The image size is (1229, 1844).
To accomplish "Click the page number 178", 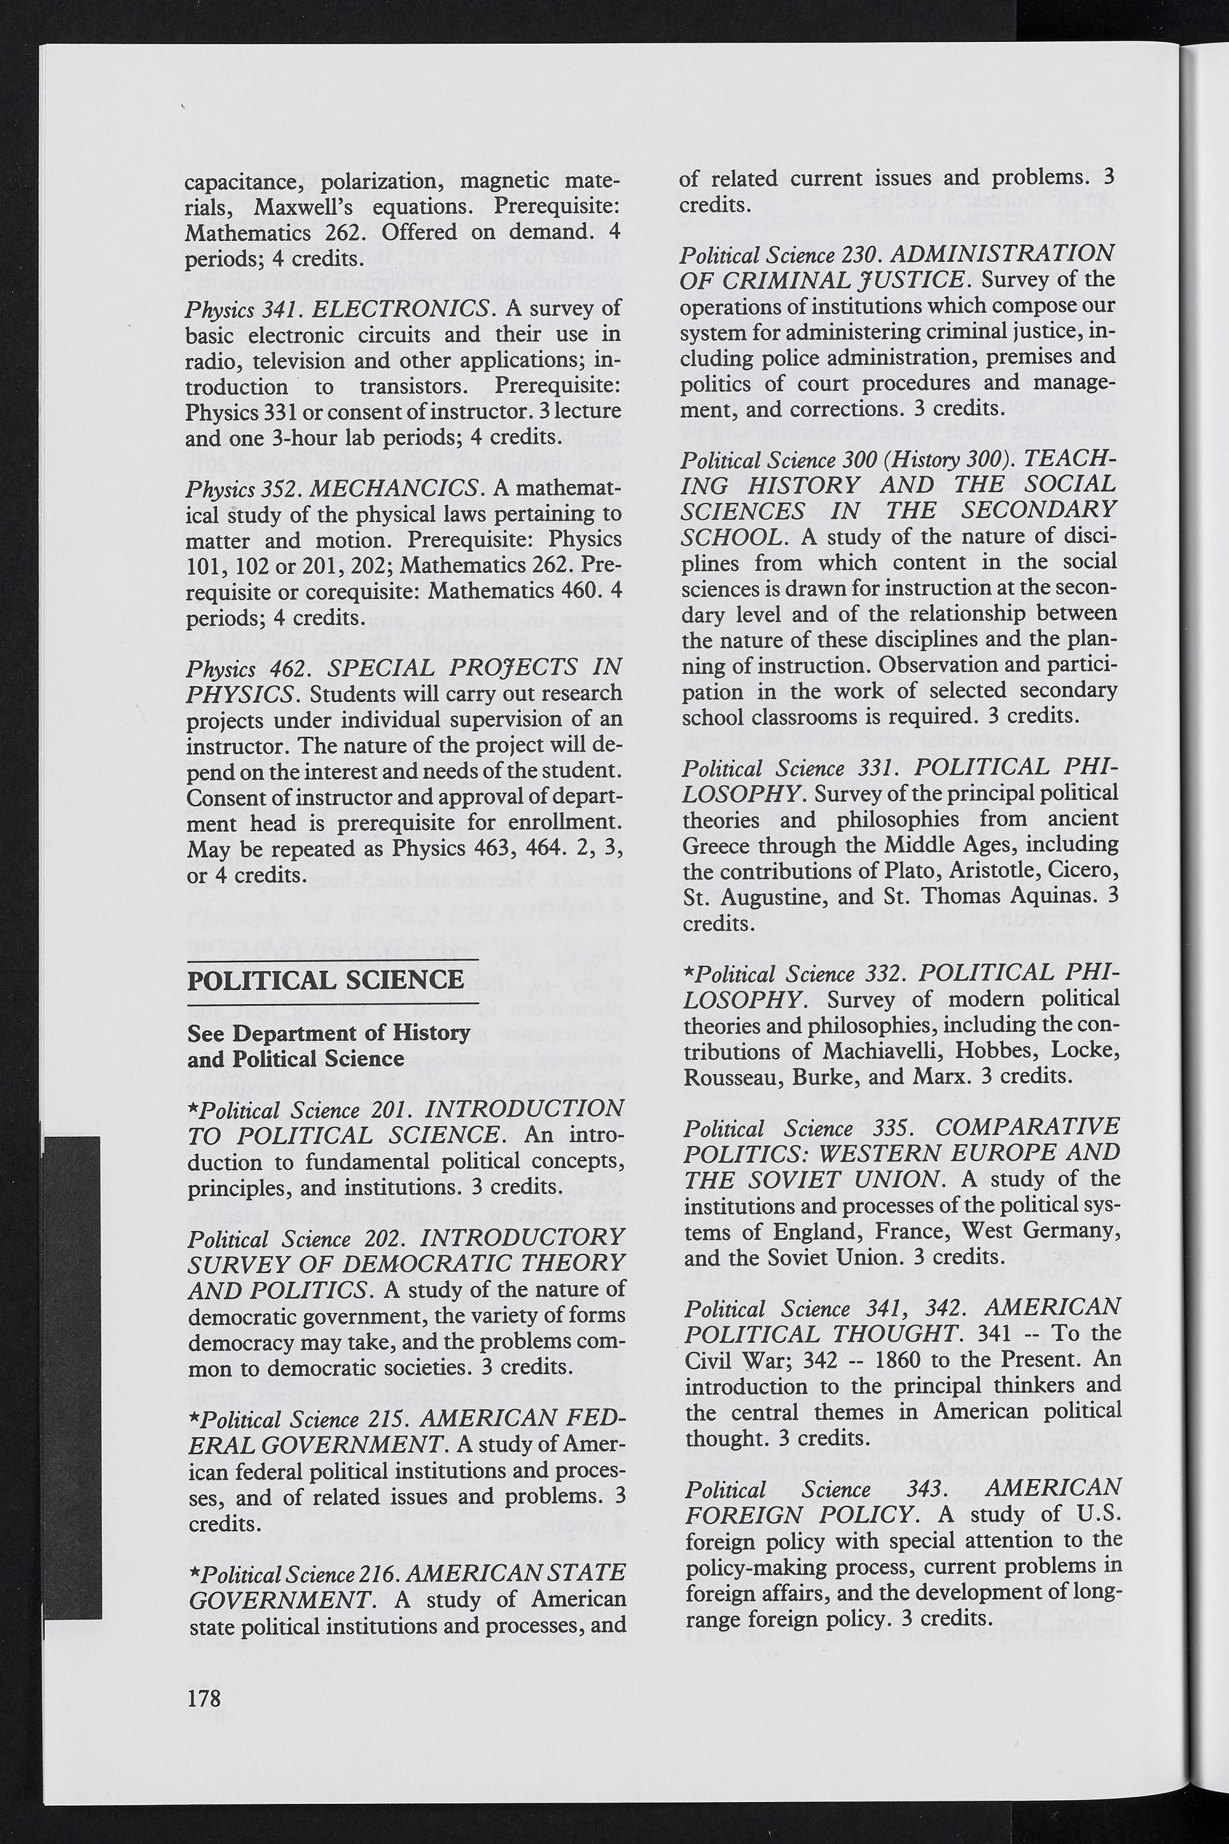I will tap(204, 1697).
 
